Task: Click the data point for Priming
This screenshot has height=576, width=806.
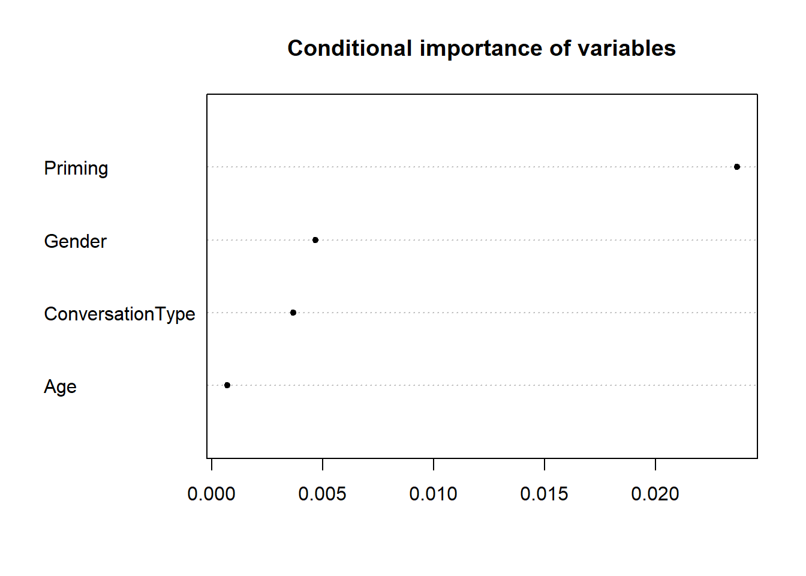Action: pos(737,167)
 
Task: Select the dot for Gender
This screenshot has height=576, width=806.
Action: pos(315,240)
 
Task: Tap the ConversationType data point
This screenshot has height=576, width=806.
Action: pos(293,313)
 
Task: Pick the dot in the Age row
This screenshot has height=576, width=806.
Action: pos(227,385)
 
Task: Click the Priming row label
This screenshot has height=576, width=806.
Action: pos(76,169)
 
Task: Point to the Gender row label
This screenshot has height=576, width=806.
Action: pos(75,241)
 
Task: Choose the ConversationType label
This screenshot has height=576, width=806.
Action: pos(119,314)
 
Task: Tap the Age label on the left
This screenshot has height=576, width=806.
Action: pos(60,387)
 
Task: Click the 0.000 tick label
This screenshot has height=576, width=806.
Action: pos(211,494)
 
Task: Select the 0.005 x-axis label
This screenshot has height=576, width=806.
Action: pos(322,494)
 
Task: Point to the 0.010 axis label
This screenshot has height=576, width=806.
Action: pos(433,494)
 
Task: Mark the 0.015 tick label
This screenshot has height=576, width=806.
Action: pos(544,494)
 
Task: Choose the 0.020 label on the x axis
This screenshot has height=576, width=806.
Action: pos(655,494)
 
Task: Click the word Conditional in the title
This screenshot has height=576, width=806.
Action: pos(350,48)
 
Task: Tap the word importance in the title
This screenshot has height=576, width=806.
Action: pos(480,49)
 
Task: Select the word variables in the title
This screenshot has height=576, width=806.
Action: pos(627,48)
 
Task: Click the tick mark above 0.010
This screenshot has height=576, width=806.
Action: pos(434,464)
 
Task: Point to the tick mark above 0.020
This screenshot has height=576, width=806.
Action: pos(655,464)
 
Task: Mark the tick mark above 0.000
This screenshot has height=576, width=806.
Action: pos(212,464)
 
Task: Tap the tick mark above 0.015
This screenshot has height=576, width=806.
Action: pos(545,464)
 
